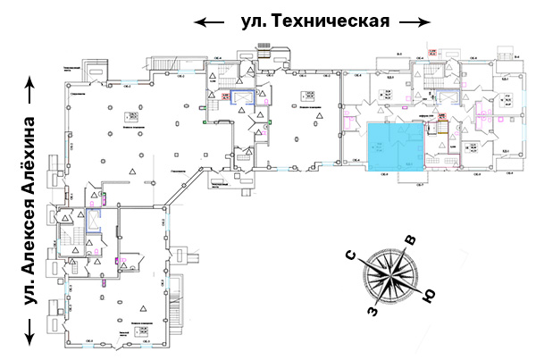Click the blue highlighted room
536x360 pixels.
click(x=393, y=147)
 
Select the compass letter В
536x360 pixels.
click(x=410, y=240)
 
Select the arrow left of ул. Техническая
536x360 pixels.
click(x=209, y=21)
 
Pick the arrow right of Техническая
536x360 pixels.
click(x=415, y=21)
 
